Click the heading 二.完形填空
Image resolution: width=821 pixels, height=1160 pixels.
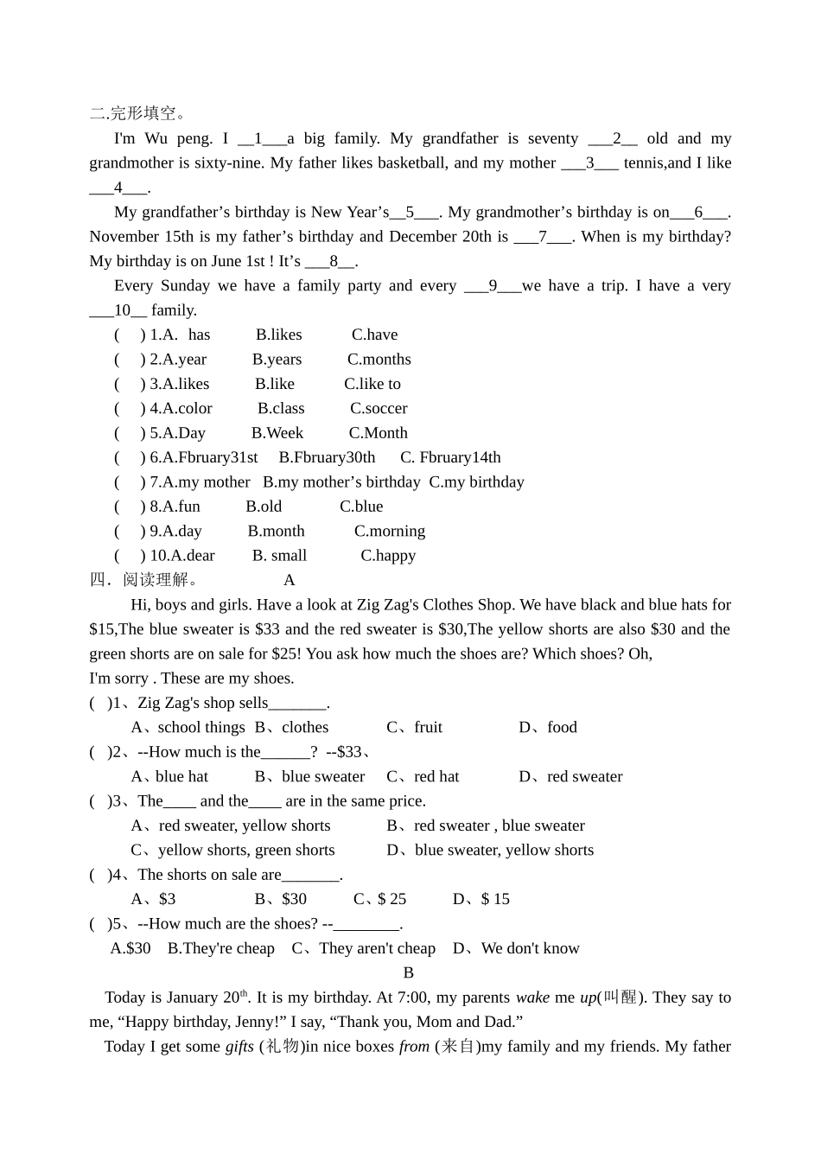pyautogui.click(x=137, y=113)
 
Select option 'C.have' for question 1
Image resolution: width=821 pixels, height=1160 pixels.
pyautogui.click(x=374, y=335)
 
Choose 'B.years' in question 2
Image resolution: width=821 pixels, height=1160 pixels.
pyautogui.click(x=277, y=359)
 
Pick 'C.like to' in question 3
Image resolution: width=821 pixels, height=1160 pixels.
pyautogui.click(x=372, y=384)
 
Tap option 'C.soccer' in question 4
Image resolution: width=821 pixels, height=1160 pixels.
pyautogui.click(x=379, y=408)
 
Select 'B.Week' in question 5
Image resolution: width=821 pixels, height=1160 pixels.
pyautogui.click(x=277, y=433)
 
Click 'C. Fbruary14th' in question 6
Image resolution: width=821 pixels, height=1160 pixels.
pyautogui.click(x=450, y=457)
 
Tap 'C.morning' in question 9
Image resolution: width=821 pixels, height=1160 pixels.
pyautogui.click(x=390, y=531)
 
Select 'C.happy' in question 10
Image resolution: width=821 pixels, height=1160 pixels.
pyautogui.click(x=388, y=556)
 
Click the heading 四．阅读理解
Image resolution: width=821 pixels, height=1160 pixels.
pyautogui.click(x=143, y=580)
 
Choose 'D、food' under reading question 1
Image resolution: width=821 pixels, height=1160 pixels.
pyautogui.click(x=548, y=728)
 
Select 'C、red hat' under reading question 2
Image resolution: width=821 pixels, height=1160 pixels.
pyautogui.click(x=423, y=777)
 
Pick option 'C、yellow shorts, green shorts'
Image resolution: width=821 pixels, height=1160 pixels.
pyautogui.click(x=232, y=851)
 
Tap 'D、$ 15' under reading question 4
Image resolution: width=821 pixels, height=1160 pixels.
pyautogui.click(x=481, y=900)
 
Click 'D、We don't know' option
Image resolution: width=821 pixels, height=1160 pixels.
pyautogui.click(x=516, y=948)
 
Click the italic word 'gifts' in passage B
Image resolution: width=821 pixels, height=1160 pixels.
pyautogui.click(x=239, y=1047)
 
